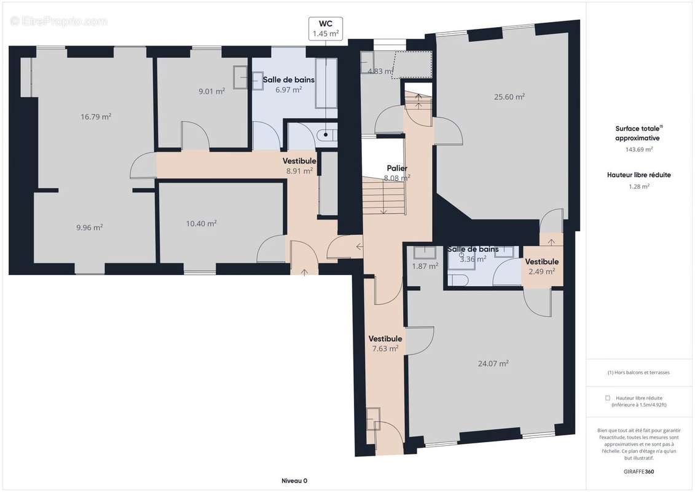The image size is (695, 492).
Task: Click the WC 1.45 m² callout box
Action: coord(325,28)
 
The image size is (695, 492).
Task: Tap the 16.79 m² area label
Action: coord(96,116)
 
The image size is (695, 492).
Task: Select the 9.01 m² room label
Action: coord(211,92)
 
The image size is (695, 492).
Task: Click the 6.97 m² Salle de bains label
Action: coord(289,85)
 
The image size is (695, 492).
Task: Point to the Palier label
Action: coord(397,173)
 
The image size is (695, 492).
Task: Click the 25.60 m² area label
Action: coord(509,97)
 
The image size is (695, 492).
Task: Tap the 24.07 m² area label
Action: coord(493,363)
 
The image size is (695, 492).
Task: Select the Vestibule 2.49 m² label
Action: coord(541,266)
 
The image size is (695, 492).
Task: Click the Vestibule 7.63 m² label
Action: coord(385,343)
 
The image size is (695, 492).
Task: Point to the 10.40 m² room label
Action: coord(202,224)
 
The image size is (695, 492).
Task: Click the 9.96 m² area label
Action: coord(90,227)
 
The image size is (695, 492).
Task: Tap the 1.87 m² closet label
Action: coord(425,266)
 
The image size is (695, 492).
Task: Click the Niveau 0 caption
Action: coord(290,480)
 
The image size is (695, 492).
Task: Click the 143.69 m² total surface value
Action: coord(638,149)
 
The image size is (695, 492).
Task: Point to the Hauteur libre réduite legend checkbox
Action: coord(608,398)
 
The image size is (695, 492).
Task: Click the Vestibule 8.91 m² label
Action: coord(299,166)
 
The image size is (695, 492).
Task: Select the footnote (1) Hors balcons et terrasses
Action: coord(638,373)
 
